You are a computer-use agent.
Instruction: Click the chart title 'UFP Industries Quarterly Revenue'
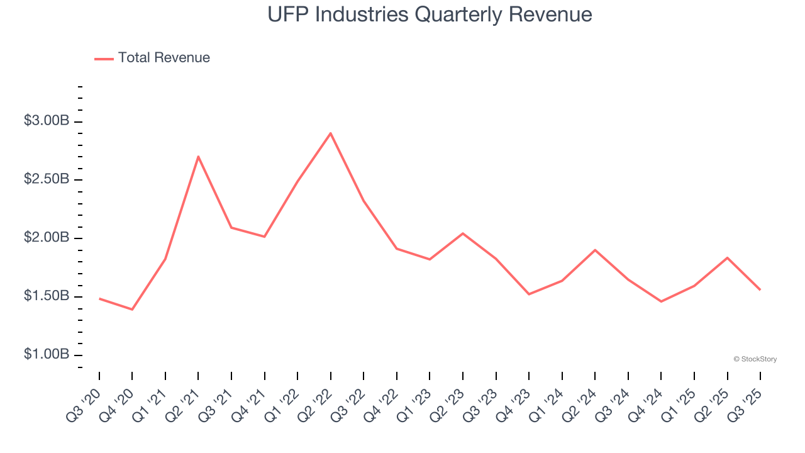pos(430,14)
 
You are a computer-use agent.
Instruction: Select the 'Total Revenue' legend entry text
pos(164,58)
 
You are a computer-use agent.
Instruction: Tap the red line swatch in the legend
pos(104,59)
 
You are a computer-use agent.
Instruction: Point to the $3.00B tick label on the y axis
pos(47,121)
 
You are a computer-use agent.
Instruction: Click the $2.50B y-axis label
pos(47,180)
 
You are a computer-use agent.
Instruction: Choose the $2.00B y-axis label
pos(47,238)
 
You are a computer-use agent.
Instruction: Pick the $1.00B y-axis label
pos(47,355)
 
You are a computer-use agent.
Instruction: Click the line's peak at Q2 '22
pos(331,133)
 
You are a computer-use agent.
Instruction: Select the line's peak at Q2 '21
pos(198,157)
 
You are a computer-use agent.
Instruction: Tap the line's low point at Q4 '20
pos(132,310)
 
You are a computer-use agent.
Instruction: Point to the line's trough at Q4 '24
pos(661,301)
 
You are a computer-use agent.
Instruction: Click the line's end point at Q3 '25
pos(760,289)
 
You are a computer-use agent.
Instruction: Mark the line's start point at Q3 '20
pos(99,298)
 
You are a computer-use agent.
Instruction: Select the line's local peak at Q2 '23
pos(463,233)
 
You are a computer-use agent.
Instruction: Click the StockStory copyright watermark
pos(755,359)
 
